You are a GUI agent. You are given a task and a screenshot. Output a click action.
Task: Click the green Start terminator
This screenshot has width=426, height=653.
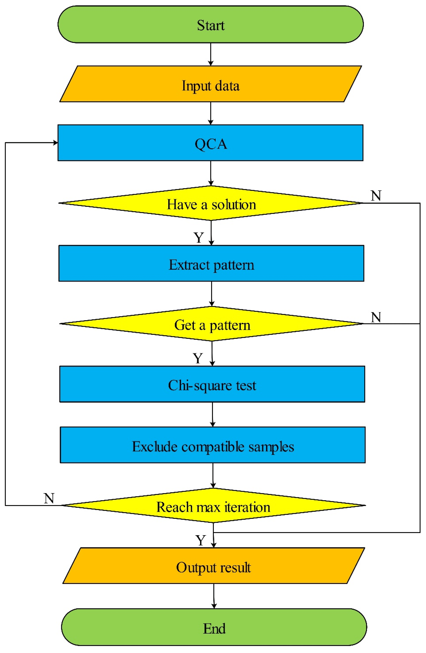[211, 25]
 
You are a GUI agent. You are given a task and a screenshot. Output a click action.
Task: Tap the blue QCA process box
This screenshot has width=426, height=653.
[211, 143]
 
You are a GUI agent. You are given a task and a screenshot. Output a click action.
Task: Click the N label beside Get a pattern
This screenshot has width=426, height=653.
[376, 317]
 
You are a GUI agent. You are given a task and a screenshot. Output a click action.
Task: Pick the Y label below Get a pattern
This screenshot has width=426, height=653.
[198, 358]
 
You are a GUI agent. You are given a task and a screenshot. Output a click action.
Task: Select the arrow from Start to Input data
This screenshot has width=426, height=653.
[211, 54]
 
